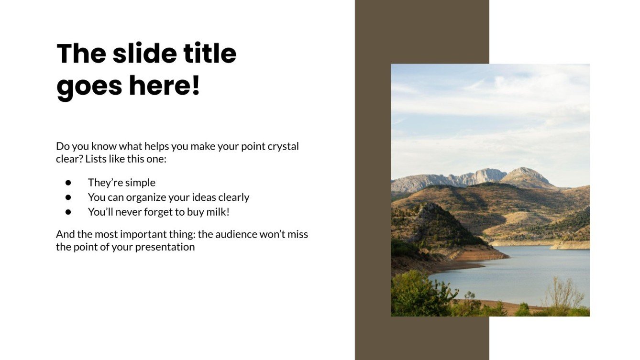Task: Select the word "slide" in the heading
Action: (x=146, y=54)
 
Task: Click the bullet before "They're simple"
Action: (x=68, y=183)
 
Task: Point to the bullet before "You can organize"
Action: (x=68, y=197)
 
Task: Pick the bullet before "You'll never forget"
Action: (x=68, y=211)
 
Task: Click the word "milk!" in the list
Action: (x=217, y=211)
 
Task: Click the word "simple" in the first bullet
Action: (x=140, y=183)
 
